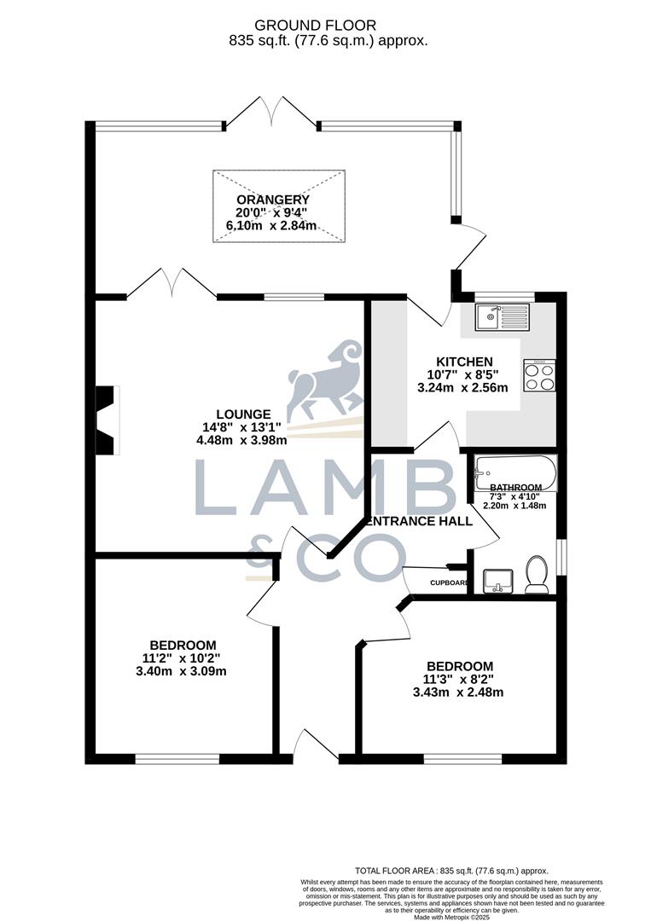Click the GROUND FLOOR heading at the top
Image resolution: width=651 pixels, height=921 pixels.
tap(328, 26)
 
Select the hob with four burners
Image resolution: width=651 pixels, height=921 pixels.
tap(540, 375)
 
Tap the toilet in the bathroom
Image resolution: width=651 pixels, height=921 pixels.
tap(537, 576)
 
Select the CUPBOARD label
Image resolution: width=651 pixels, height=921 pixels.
tap(449, 583)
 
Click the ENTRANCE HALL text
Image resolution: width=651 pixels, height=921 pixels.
tap(419, 521)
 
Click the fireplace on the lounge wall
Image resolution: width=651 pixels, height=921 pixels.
tap(105, 420)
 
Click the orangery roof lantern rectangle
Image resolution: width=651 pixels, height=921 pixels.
tap(279, 206)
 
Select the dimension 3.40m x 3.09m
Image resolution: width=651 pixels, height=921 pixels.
tap(181, 671)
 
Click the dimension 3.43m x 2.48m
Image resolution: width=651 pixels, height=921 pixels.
tap(460, 692)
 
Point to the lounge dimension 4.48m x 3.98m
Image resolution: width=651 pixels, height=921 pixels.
tap(242, 441)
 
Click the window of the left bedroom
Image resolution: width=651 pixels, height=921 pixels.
tap(177, 758)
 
